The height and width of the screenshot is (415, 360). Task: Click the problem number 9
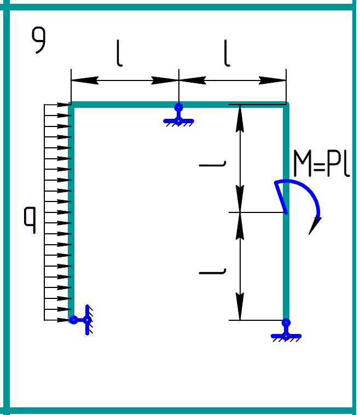point(38,41)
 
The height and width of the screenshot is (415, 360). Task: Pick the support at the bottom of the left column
point(82,320)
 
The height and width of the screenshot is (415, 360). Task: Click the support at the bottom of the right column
point(286,331)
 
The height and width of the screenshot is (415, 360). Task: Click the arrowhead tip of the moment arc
point(311,233)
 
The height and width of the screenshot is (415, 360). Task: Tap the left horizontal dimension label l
point(119,53)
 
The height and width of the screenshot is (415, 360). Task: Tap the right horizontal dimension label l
point(227,53)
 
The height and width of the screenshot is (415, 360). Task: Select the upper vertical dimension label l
point(213,163)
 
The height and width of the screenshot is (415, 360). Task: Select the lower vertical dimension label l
point(213,270)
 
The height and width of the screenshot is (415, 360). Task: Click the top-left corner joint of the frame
point(71,105)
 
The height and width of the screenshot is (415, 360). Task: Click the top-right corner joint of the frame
point(286,105)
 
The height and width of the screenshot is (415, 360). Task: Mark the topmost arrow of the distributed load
point(57,105)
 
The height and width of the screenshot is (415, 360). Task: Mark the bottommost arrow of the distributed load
point(57,320)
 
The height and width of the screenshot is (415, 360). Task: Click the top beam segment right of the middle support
point(233,105)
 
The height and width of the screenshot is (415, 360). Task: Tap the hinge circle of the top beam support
point(178,107)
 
